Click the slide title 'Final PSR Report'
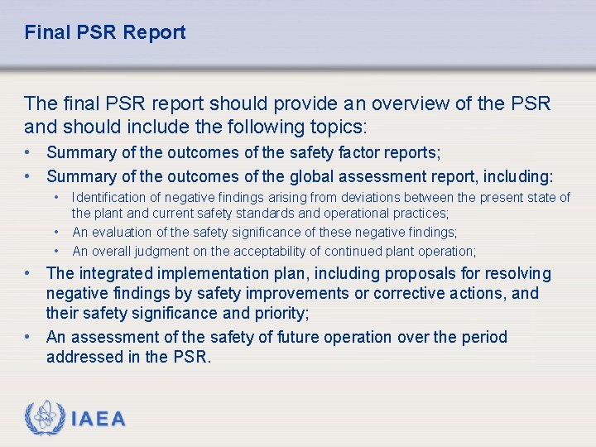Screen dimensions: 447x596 [x=105, y=33]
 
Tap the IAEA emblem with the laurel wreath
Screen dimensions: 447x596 [x=46, y=419]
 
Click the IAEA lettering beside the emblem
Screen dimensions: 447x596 [x=99, y=420]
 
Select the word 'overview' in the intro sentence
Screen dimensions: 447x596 [x=408, y=103]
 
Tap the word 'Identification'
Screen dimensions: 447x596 [x=111, y=197]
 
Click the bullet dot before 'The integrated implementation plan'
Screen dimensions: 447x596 [x=29, y=273]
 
